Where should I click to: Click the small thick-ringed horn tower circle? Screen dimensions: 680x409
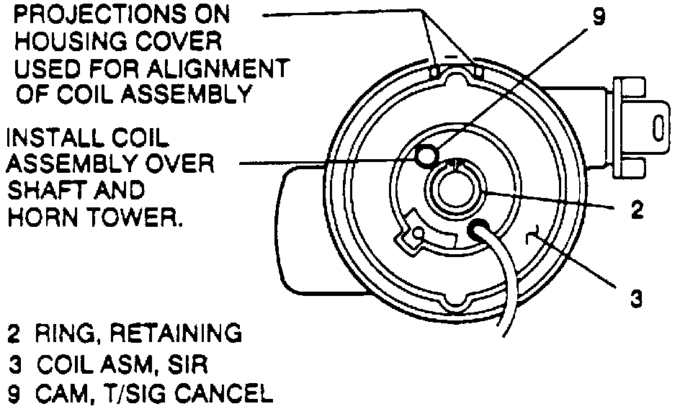click(x=426, y=155)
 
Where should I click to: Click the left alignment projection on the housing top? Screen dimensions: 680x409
click(x=434, y=70)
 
